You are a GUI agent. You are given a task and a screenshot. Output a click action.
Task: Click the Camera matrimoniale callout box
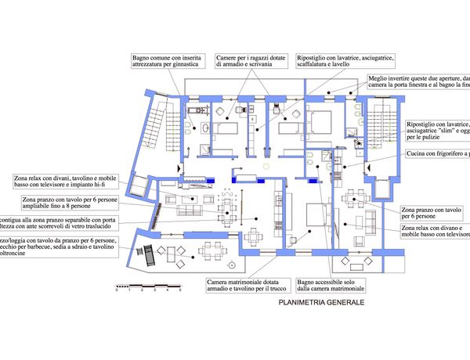245,286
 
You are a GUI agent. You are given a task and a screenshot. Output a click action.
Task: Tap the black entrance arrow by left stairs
180,168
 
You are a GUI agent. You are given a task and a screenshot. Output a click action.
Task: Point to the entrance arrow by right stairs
364,167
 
